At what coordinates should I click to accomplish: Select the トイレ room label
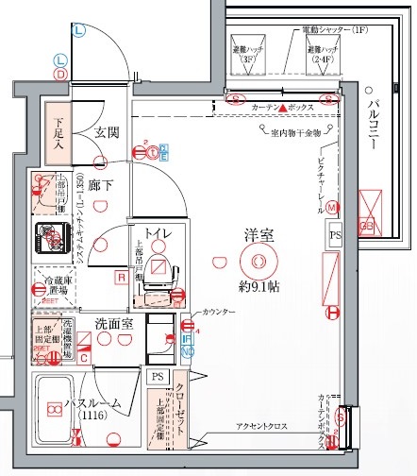(158, 232)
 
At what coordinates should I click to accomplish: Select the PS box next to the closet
(157, 375)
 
